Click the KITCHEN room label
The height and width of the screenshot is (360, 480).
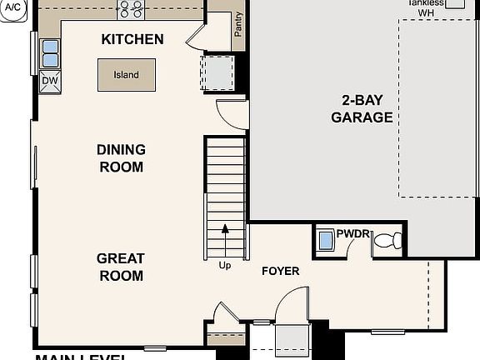[x=132, y=39]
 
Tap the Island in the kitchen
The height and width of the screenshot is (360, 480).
[x=126, y=75]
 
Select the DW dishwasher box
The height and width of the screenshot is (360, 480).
[x=50, y=81]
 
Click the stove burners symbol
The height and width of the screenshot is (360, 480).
[x=130, y=9]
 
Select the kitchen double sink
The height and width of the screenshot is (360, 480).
[x=50, y=52]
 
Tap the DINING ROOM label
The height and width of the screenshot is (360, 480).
[x=121, y=158]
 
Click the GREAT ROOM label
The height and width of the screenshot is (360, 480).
[x=121, y=267]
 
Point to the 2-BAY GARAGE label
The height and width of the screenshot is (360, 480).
[x=362, y=108]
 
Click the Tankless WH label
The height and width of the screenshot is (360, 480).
[x=426, y=7]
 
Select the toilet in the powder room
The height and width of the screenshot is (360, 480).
[x=387, y=242]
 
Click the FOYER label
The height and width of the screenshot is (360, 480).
[x=280, y=271]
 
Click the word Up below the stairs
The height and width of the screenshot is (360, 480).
[x=224, y=266]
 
